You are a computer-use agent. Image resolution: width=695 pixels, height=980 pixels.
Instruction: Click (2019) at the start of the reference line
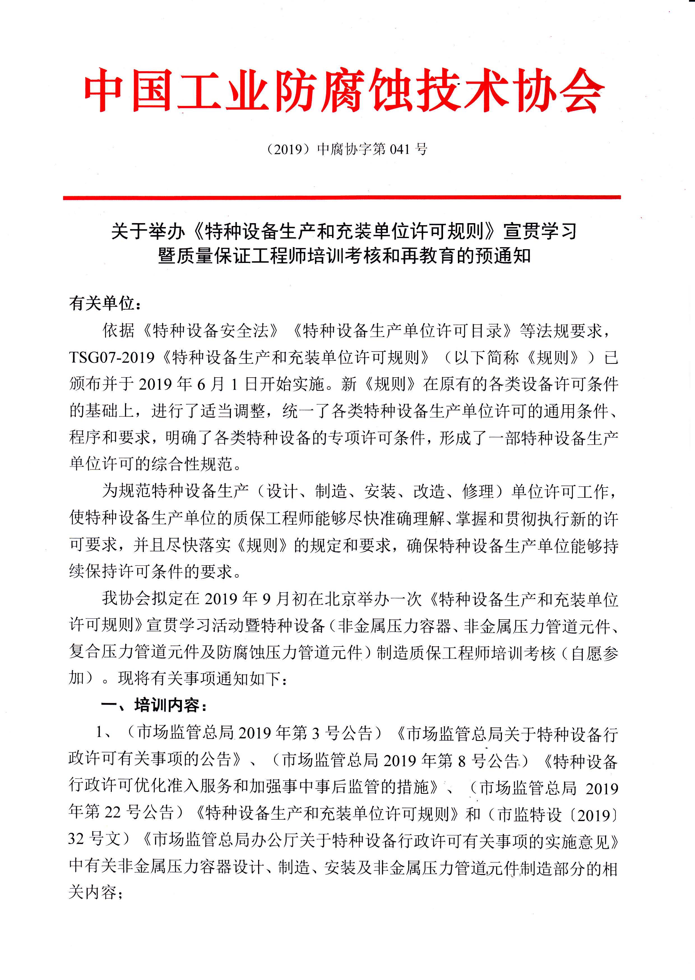(x=288, y=149)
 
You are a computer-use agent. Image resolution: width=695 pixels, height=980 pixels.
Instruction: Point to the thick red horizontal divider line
(x=342, y=197)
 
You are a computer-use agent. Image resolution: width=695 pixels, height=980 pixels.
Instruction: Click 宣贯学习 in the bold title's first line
(x=540, y=232)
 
